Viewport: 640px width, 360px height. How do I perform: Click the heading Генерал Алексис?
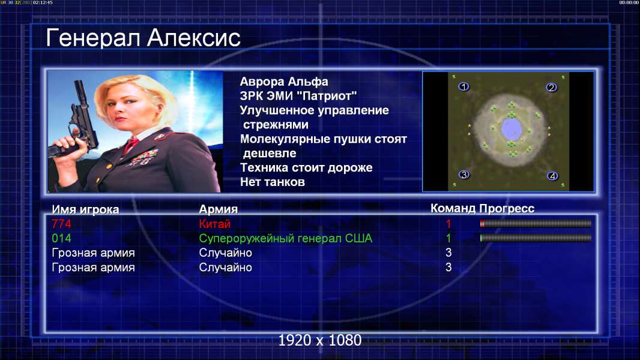click(143, 38)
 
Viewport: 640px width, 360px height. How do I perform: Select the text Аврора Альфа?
click(283, 82)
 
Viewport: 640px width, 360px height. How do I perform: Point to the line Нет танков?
click(272, 182)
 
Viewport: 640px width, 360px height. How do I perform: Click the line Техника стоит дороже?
click(306, 167)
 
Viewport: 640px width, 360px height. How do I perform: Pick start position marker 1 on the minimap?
click(463, 86)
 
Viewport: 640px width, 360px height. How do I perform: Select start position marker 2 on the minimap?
click(551, 87)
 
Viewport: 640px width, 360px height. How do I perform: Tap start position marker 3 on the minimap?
click(463, 175)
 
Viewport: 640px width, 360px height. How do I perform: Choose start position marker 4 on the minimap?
click(552, 176)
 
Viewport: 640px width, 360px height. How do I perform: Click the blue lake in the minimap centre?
click(511, 129)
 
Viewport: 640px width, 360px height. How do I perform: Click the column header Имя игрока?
click(85, 209)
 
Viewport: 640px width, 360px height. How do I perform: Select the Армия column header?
click(218, 209)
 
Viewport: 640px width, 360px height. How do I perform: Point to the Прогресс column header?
click(507, 209)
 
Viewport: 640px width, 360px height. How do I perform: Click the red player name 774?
click(61, 224)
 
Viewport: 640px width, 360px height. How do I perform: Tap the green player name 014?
click(61, 238)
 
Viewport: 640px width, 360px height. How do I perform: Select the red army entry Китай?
click(215, 224)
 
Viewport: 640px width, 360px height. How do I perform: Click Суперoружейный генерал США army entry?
click(285, 239)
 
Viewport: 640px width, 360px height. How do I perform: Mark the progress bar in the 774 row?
click(536, 223)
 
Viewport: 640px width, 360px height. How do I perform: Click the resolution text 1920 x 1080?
click(319, 340)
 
